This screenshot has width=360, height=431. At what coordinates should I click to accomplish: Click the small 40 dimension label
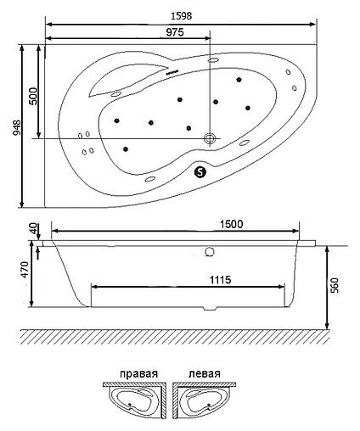pos(33,230)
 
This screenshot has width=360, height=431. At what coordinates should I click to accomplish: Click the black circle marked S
pos(200,171)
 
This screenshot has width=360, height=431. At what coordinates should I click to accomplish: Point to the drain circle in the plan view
pos(210,137)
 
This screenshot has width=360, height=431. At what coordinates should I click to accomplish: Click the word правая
pos(138,374)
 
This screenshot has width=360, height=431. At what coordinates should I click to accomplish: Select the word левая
pos(204,374)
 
